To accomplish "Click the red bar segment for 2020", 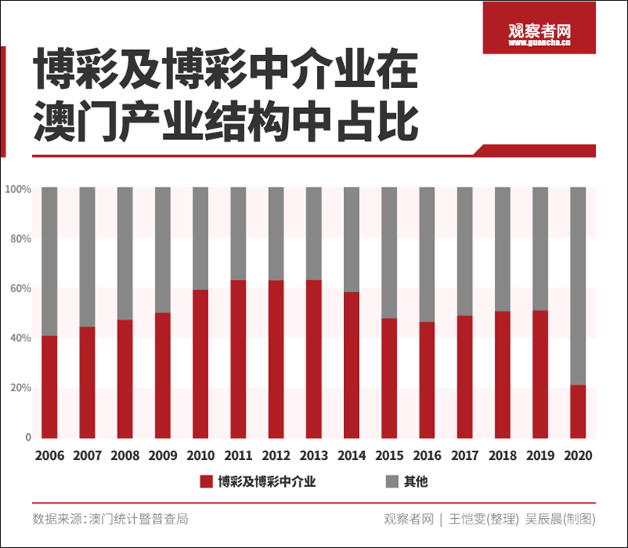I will point(578,411).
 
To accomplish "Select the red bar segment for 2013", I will point(313,358).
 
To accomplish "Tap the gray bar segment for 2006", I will point(49,261).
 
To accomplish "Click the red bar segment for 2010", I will point(200,364).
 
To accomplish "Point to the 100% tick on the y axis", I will point(18,188).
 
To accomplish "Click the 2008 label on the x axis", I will point(125,455).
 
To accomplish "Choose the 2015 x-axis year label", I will point(389,455).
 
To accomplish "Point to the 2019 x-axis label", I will point(540,455).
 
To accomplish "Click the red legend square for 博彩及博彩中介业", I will point(205,481).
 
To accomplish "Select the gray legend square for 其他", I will point(391,481).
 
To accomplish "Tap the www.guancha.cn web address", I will point(540,44).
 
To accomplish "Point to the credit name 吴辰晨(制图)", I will point(560,519).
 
